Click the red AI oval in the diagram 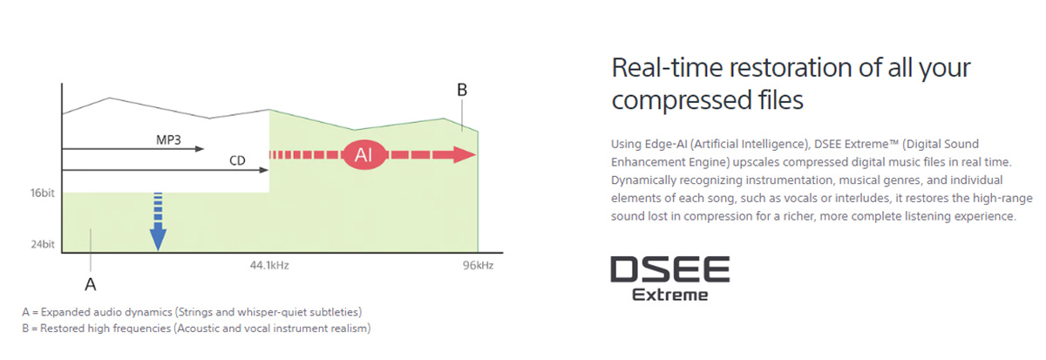pos(364,154)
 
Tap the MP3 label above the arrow pos(168,139)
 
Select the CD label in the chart pos(237,160)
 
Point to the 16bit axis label pos(43,193)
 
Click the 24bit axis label pos(43,244)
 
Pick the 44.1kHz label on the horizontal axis pos(269,265)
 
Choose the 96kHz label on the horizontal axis pos(479,265)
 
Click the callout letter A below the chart pos(90,284)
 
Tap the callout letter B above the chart pos(462,90)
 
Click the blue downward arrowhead pos(159,238)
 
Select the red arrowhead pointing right pos(464,154)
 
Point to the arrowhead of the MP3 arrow pos(200,149)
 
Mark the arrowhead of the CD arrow pos(264,170)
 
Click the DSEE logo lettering pos(670,269)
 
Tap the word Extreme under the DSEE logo pos(670,295)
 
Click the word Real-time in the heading pos(668,68)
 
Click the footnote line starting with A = pos(192,312)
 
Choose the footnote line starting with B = pos(196,329)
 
